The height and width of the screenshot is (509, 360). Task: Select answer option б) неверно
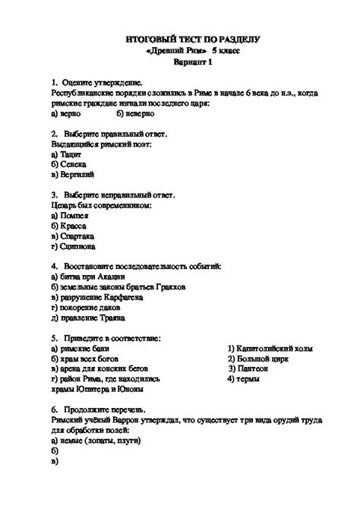tap(136, 112)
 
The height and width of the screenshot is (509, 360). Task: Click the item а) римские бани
tap(81, 348)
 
